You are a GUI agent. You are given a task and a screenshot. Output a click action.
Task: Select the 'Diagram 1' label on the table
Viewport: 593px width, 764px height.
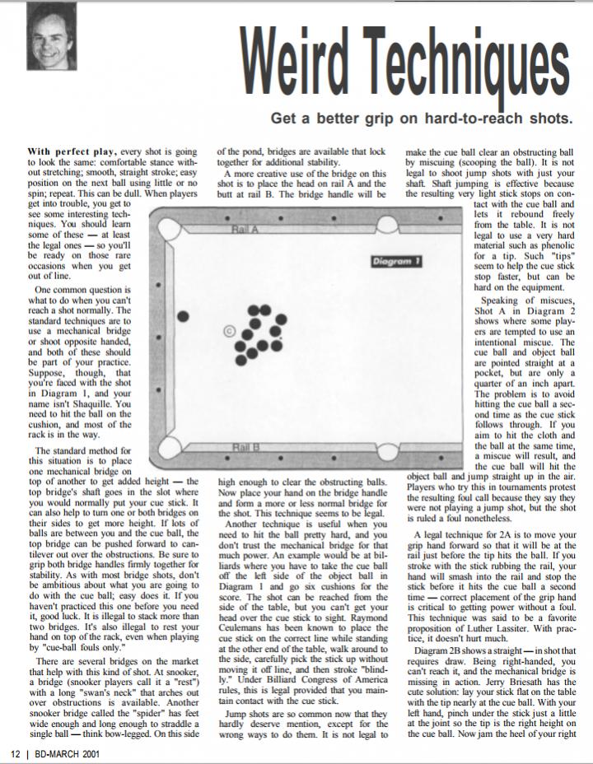pyautogui.click(x=398, y=261)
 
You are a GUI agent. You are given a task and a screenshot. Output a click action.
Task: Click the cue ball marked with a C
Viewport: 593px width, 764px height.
pyautogui.click(x=228, y=332)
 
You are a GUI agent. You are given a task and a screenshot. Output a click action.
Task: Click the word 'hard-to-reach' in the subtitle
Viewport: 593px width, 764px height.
pyautogui.click(x=464, y=118)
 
